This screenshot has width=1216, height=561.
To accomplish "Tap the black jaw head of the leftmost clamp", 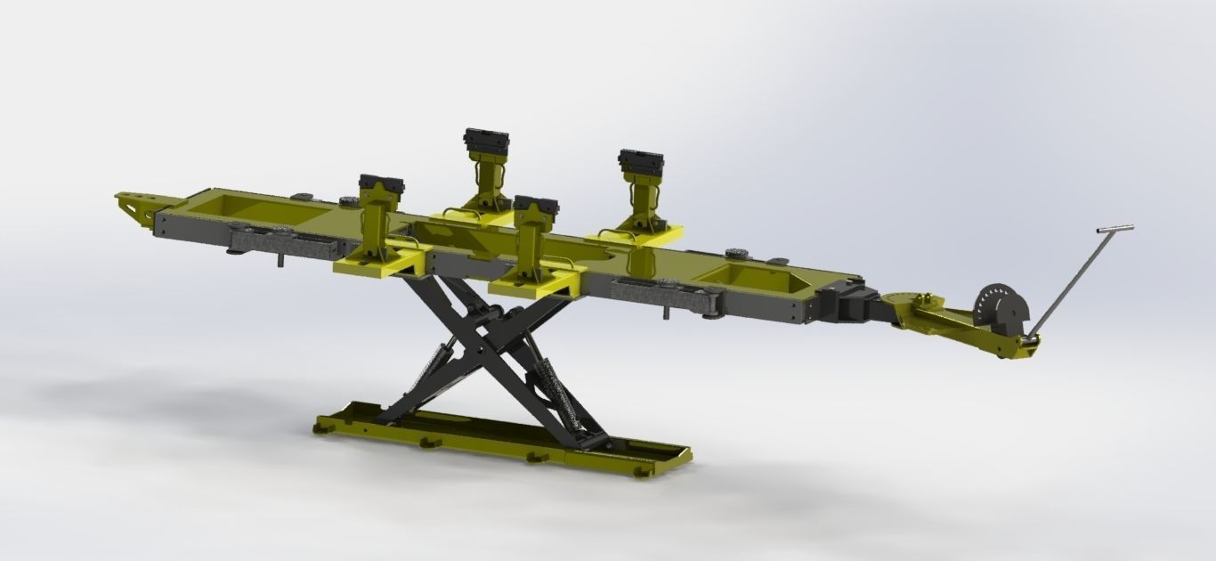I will [x=381, y=188].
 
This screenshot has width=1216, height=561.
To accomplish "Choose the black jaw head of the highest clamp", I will [x=486, y=141].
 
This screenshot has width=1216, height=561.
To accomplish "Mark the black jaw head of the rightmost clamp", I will [x=641, y=162].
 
